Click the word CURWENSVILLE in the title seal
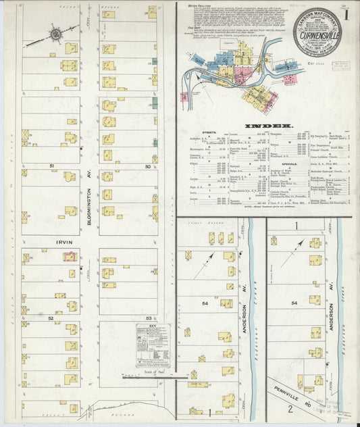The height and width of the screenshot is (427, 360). [x=317, y=30]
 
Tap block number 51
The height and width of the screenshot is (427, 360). [x=51, y=165]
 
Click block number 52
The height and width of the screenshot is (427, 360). [x=51, y=316]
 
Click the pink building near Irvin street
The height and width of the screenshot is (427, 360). [x=69, y=256]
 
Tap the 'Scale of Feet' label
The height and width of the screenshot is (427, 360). [x=155, y=372]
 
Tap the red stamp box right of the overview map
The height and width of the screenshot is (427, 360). [x=340, y=66]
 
